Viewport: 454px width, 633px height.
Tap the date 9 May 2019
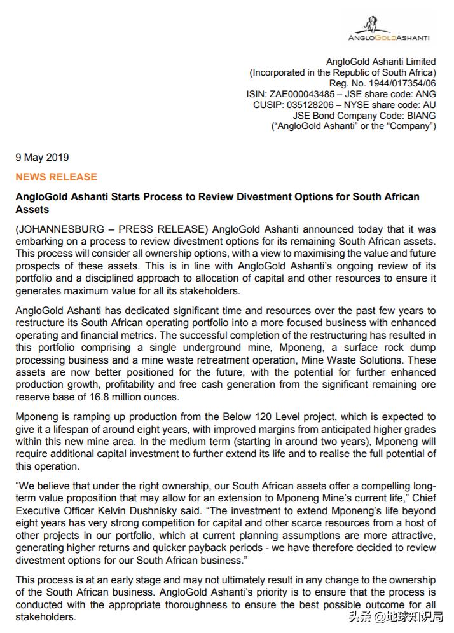coord(42,158)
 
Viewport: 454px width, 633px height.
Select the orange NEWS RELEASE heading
coord(56,177)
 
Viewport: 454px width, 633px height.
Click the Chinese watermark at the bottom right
coord(396,616)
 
